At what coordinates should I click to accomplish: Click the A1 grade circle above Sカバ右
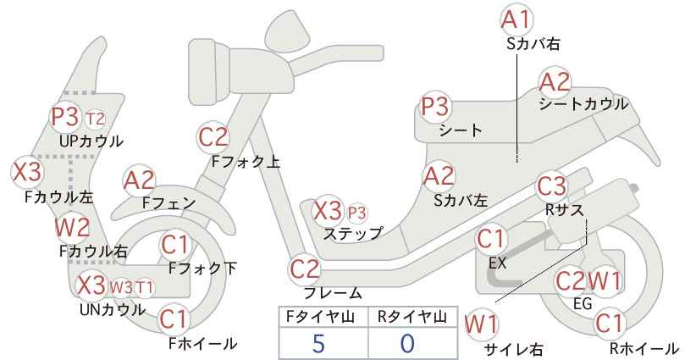point(516,19)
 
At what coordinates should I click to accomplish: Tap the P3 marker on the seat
point(435,107)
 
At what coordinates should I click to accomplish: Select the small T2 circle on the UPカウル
point(95,119)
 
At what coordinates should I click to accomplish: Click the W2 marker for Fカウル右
point(72,227)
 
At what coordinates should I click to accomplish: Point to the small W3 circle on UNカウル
point(121,288)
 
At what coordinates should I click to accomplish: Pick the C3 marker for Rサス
point(552,186)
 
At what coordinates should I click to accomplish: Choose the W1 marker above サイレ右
point(481,324)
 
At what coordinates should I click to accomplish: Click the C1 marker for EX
point(491,239)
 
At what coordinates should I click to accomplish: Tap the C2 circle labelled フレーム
point(305,269)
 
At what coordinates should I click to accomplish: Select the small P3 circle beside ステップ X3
point(356,213)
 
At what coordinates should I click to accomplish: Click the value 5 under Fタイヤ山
point(318,343)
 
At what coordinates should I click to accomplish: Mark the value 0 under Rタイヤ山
point(407,343)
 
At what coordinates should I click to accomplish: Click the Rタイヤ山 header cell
point(413,317)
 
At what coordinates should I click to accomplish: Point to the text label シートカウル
point(583,104)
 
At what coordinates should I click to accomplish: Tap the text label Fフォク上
point(246,162)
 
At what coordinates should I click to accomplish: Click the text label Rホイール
point(644,348)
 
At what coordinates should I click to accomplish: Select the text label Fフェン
point(168,202)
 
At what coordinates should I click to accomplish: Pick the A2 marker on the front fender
point(140,180)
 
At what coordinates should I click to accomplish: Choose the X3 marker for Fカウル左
point(27,172)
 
